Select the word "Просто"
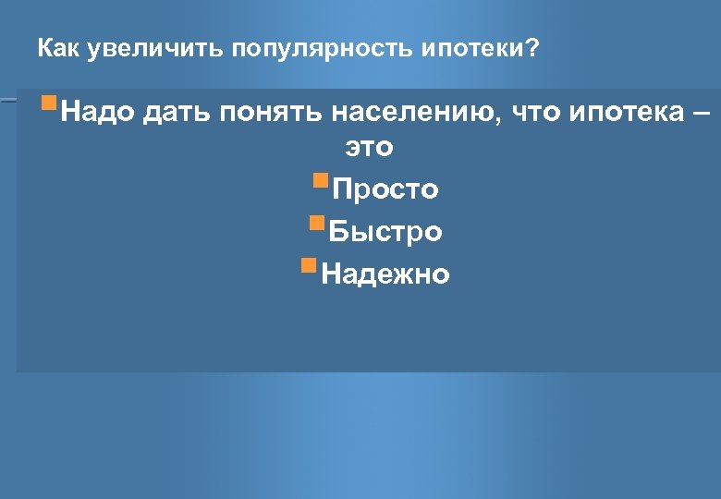click(x=385, y=190)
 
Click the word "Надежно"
click(x=385, y=274)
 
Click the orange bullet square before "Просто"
click(x=321, y=178)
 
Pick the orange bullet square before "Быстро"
click(x=317, y=221)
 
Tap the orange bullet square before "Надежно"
click(x=309, y=264)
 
